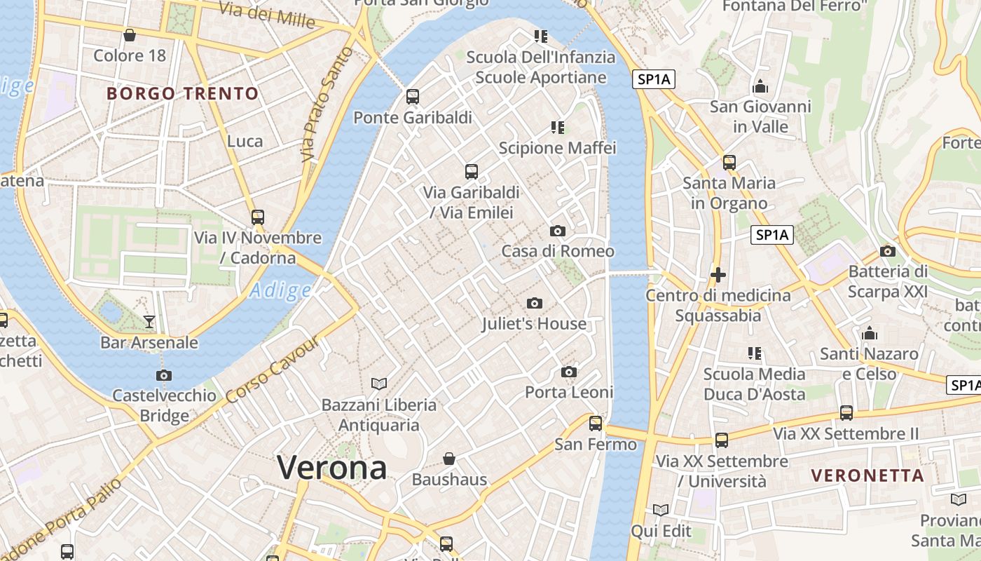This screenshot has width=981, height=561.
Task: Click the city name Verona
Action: pyautogui.click(x=331, y=468)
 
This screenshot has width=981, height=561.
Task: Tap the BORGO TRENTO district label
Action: pyautogui.click(x=183, y=93)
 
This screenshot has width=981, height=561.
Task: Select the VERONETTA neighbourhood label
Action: pyautogui.click(x=867, y=475)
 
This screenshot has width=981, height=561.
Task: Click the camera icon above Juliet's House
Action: pyautogui.click(x=535, y=303)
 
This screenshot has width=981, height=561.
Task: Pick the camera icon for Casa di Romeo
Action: pyautogui.click(x=558, y=231)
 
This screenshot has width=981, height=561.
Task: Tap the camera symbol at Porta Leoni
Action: pyautogui.click(x=569, y=372)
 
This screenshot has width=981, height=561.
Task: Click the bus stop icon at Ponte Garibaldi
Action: pyautogui.click(x=413, y=97)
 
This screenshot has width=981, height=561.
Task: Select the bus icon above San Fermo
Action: pyautogui.click(x=596, y=423)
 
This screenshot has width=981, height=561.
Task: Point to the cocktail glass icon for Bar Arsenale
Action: pyautogui.click(x=149, y=322)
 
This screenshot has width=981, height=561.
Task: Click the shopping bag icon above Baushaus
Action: pyautogui.click(x=449, y=459)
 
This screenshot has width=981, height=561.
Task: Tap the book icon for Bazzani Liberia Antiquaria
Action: pyautogui.click(x=379, y=384)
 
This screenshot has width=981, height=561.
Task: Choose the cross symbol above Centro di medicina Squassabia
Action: pyautogui.click(x=718, y=275)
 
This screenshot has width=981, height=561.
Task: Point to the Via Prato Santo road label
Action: pyautogui.click(x=327, y=105)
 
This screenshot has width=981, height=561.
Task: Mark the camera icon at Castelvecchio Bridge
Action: pyautogui.click(x=164, y=375)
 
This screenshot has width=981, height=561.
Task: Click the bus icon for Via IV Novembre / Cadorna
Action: pyautogui.click(x=258, y=217)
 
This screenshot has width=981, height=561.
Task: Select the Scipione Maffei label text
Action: pyautogui.click(x=557, y=148)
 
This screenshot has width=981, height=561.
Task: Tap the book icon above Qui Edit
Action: pyautogui.click(x=660, y=510)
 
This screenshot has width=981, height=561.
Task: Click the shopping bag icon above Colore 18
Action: pyautogui.click(x=130, y=35)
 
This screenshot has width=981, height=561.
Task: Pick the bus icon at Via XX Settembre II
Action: pyautogui.click(x=846, y=413)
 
